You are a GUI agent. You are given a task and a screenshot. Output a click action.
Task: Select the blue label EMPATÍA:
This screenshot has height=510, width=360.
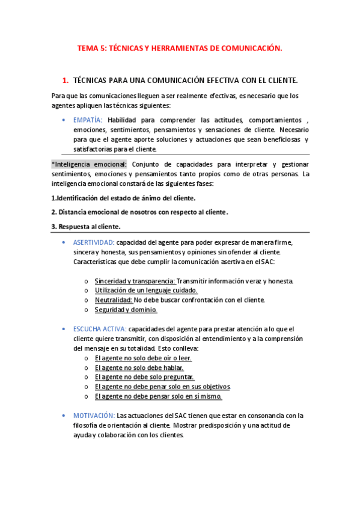tap(88, 120)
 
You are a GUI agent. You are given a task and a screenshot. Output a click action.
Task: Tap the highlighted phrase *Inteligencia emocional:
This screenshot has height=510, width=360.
tap(89, 164)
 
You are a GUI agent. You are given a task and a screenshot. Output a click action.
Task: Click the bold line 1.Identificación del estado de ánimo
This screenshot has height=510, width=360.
tap(123, 198)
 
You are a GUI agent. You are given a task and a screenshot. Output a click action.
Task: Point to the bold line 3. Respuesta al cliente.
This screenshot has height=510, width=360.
tap(86, 226)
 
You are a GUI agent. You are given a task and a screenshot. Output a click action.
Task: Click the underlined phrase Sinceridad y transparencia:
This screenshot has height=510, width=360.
tap(135, 281)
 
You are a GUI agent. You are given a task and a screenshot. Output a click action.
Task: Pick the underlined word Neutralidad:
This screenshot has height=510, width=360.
tap(114, 300)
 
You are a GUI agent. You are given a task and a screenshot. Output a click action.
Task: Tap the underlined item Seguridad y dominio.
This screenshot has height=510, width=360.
tap(126, 309)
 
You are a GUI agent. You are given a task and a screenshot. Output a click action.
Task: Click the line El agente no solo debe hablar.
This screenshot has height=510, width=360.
tap(139, 367)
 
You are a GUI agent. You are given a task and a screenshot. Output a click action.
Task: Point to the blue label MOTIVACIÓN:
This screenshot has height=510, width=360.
tap(94, 416)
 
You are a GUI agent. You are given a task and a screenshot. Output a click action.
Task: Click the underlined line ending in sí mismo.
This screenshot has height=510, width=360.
tap(158, 396)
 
